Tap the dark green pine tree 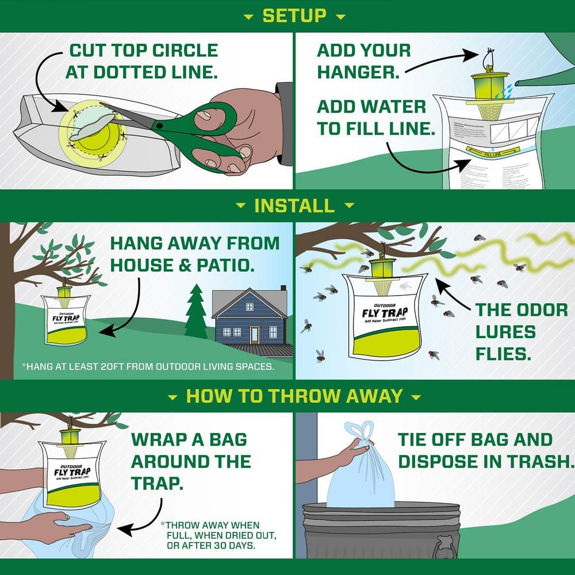[196, 313]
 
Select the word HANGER [356, 73]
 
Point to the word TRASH [538, 461]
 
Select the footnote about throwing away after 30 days [210, 535]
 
